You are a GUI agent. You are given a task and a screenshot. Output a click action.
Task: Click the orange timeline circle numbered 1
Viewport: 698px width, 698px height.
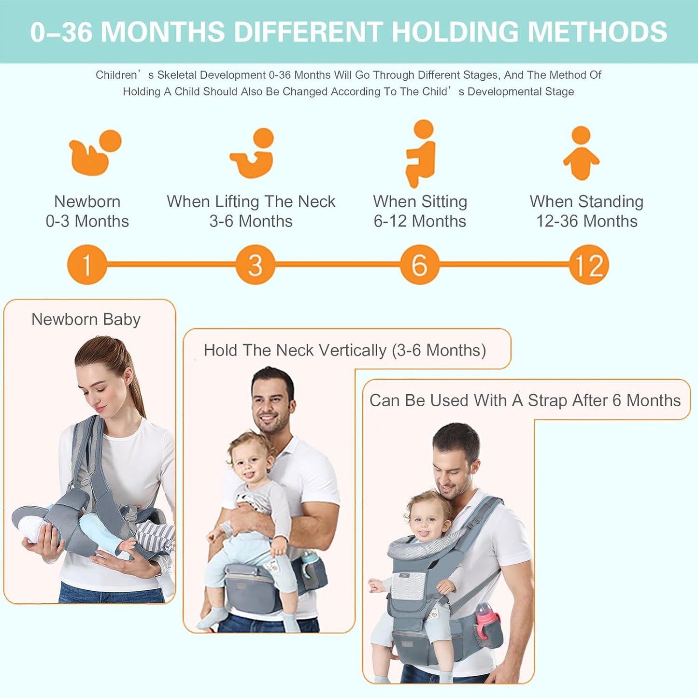(x=87, y=265)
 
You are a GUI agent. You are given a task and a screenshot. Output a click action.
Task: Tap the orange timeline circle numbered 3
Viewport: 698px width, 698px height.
(x=256, y=265)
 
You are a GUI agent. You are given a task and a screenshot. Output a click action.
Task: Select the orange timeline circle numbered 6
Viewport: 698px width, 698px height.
(x=419, y=265)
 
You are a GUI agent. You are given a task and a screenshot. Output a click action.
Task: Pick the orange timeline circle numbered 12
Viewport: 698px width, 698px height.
(x=589, y=265)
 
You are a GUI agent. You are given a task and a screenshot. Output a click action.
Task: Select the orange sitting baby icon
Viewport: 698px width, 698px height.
(x=420, y=154)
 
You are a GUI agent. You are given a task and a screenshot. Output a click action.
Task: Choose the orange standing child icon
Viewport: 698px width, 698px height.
(x=581, y=154)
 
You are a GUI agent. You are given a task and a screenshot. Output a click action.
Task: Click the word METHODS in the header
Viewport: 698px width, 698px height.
(x=597, y=32)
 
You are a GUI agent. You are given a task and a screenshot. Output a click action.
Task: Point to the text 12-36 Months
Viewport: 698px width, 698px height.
(x=586, y=221)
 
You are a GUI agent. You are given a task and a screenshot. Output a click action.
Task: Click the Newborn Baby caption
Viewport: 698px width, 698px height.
(x=86, y=319)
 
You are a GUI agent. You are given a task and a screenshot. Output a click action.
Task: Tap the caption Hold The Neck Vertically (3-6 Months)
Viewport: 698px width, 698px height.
(x=344, y=350)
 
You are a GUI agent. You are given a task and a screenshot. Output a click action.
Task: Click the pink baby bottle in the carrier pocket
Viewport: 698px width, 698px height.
(x=486, y=618)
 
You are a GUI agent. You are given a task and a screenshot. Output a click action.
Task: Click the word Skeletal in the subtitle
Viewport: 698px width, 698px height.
(x=177, y=75)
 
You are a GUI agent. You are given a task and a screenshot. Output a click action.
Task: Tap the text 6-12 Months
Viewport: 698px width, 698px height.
(x=420, y=221)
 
